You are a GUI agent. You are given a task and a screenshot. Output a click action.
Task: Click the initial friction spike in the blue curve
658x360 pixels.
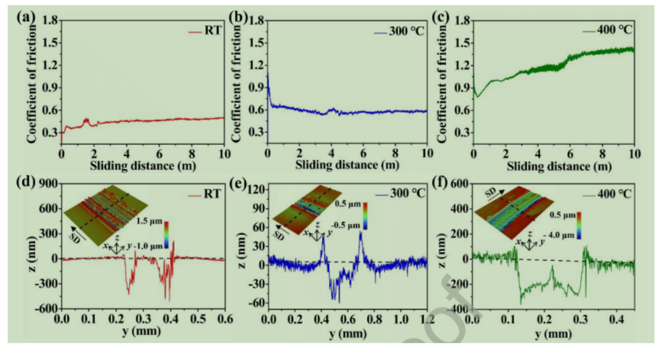point(268,77)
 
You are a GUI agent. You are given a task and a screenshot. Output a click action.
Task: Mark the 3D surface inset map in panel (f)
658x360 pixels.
point(515,210)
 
